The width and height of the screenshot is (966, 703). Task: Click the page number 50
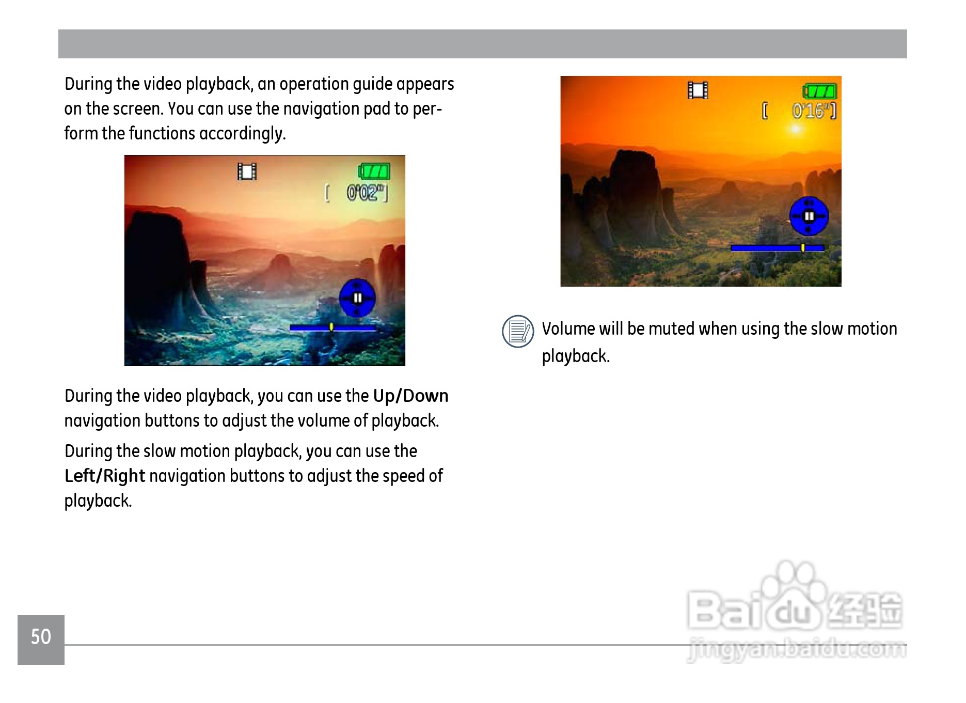coord(41,636)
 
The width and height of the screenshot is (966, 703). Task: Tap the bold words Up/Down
coord(410,396)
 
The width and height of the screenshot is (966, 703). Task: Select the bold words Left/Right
coord(105,476)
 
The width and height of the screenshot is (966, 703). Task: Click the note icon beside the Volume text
coord(518,331)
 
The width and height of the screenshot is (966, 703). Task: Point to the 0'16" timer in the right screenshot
coord(814,111)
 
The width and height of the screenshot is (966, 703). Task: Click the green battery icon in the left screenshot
coord(374,171)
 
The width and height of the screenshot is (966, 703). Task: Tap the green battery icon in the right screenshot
coord(819,91)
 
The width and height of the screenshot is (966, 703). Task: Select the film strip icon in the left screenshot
coord(247,171)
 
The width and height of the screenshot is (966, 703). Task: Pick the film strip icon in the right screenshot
coord(698,90)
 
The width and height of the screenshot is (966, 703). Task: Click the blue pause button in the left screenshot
coord(357,298)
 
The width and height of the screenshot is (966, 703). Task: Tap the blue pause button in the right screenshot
coord(809,216)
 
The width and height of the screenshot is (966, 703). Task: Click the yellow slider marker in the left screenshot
coord(331,327)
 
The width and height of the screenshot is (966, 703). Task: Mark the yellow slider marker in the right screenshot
coord(803,247)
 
